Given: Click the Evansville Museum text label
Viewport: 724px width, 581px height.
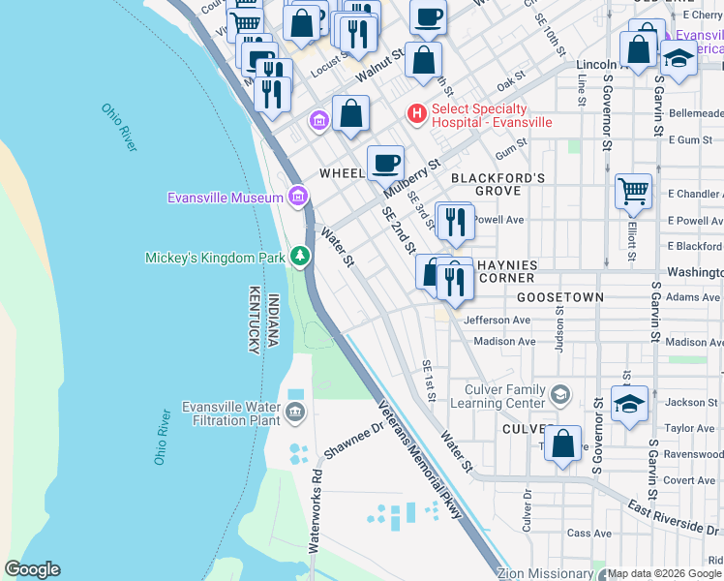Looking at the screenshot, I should pos(225,198).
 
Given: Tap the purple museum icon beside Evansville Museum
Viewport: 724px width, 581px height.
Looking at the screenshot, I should pos(298,198).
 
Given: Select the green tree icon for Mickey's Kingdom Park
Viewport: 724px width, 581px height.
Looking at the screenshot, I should pos(301,257).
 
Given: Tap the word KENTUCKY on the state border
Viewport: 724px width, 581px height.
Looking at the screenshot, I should pos(254,319).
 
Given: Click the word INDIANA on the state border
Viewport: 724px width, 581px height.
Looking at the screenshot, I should pos(273,321).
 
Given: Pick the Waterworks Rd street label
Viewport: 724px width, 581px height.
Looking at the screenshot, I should pos(316,510).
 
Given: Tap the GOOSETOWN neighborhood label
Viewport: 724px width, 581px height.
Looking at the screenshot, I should pos(559,297).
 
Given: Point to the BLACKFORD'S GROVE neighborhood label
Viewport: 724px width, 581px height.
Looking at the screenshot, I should pos(498,185).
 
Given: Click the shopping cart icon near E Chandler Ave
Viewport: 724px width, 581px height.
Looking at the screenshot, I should pos(633,191).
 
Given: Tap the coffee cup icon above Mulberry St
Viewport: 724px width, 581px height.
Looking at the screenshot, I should pos(385,163).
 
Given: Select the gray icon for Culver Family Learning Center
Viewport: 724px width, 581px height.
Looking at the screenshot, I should pos(559,395).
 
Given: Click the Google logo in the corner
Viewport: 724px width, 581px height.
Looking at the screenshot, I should pos(32,569).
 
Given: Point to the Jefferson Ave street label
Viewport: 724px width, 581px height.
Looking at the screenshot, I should pos(497,320).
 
